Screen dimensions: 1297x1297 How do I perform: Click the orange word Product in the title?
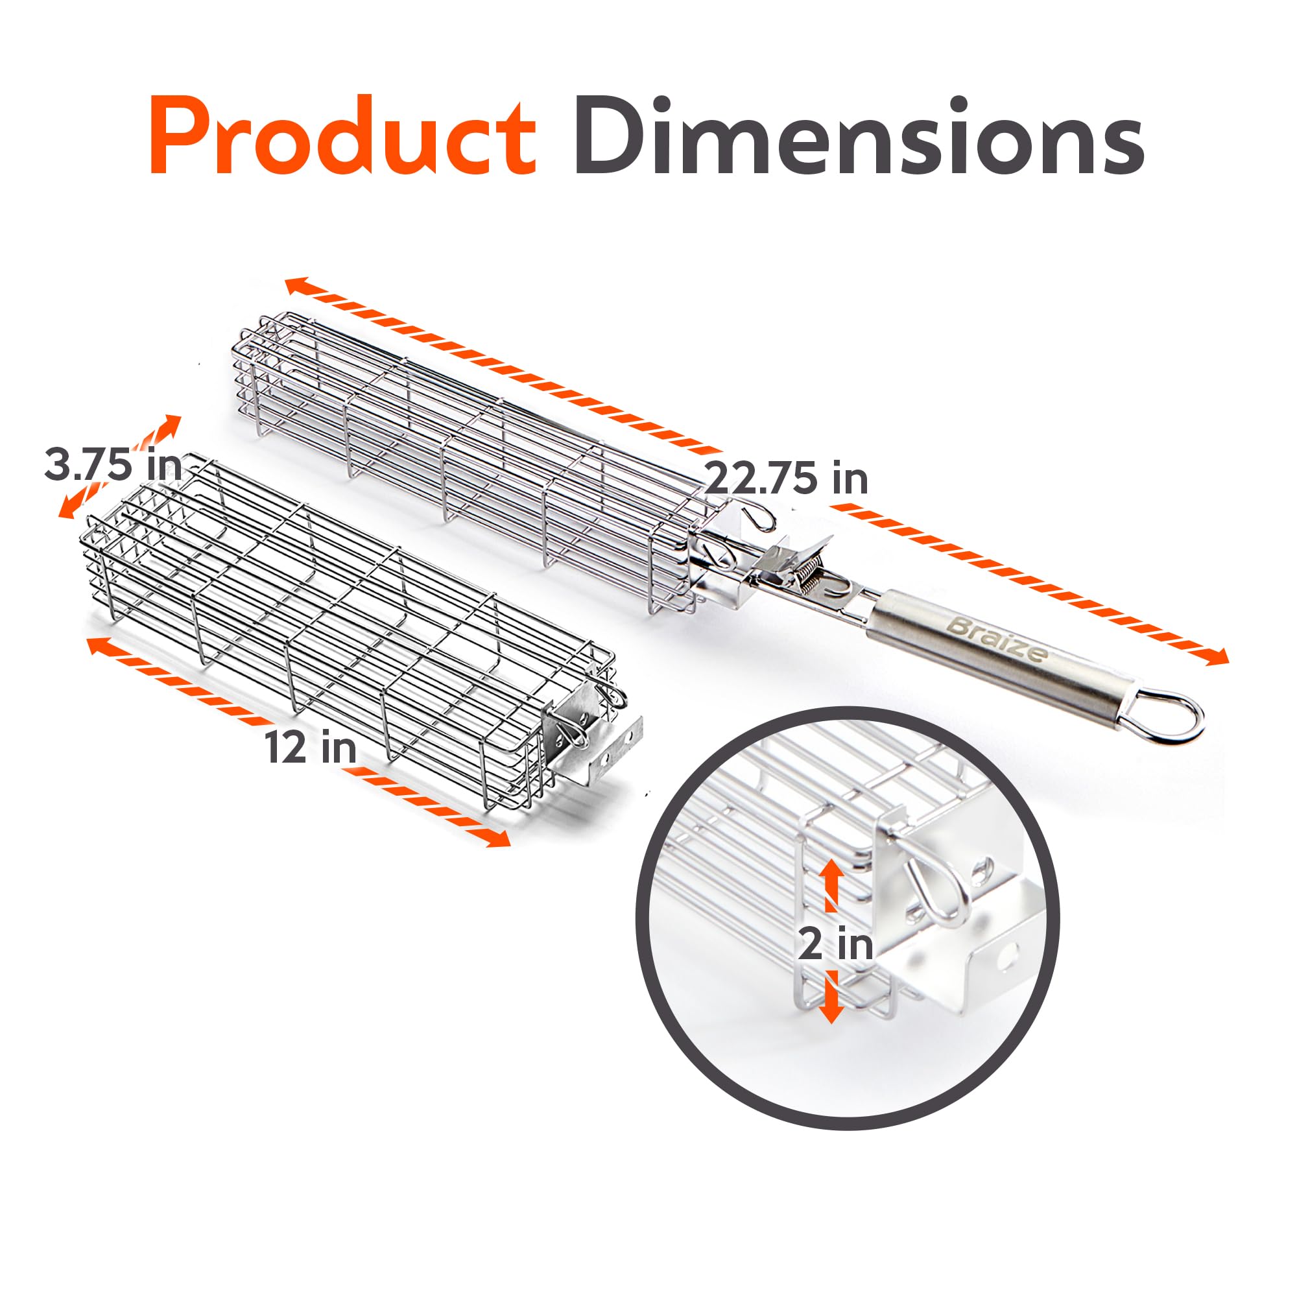tap(343, 136)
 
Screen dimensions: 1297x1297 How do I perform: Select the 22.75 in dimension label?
tap(786, 478)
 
